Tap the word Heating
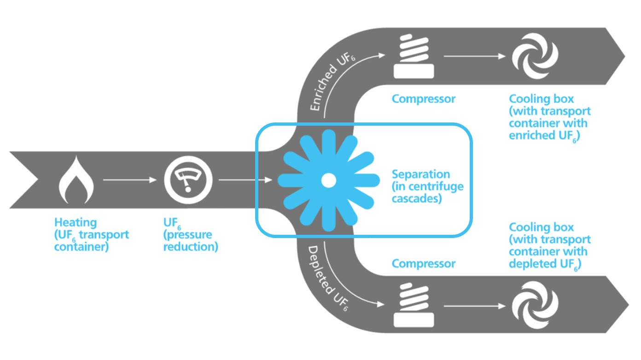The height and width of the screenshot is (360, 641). point(76,223)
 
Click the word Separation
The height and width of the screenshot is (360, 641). point(420,174)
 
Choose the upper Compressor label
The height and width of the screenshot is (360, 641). point(423,99)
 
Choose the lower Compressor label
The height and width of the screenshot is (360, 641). point(423,263)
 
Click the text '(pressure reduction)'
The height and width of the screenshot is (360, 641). point(191,240)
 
